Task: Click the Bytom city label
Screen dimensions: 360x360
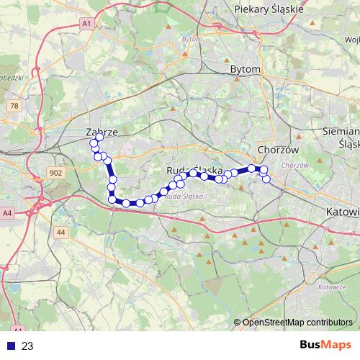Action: tap(245, 69)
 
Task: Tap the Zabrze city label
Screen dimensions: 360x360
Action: tap(102, 132)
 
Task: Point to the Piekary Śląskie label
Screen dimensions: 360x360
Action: tap(270, 9)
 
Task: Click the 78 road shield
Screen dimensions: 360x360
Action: tap(14, 106)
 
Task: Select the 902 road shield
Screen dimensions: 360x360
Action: tap(57, 173)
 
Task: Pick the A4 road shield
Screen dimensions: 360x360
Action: tap(7, 213)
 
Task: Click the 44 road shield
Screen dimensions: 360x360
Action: tap(60, 232)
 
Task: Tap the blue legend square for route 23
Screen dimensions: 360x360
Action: tap(11, 346)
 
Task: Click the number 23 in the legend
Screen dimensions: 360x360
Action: tap(27, 346)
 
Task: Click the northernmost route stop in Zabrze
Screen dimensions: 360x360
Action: tap(99, 137)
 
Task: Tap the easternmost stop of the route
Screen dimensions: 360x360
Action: tap(266, 179)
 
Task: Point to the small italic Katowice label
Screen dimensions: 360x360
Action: tap(331, 287)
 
